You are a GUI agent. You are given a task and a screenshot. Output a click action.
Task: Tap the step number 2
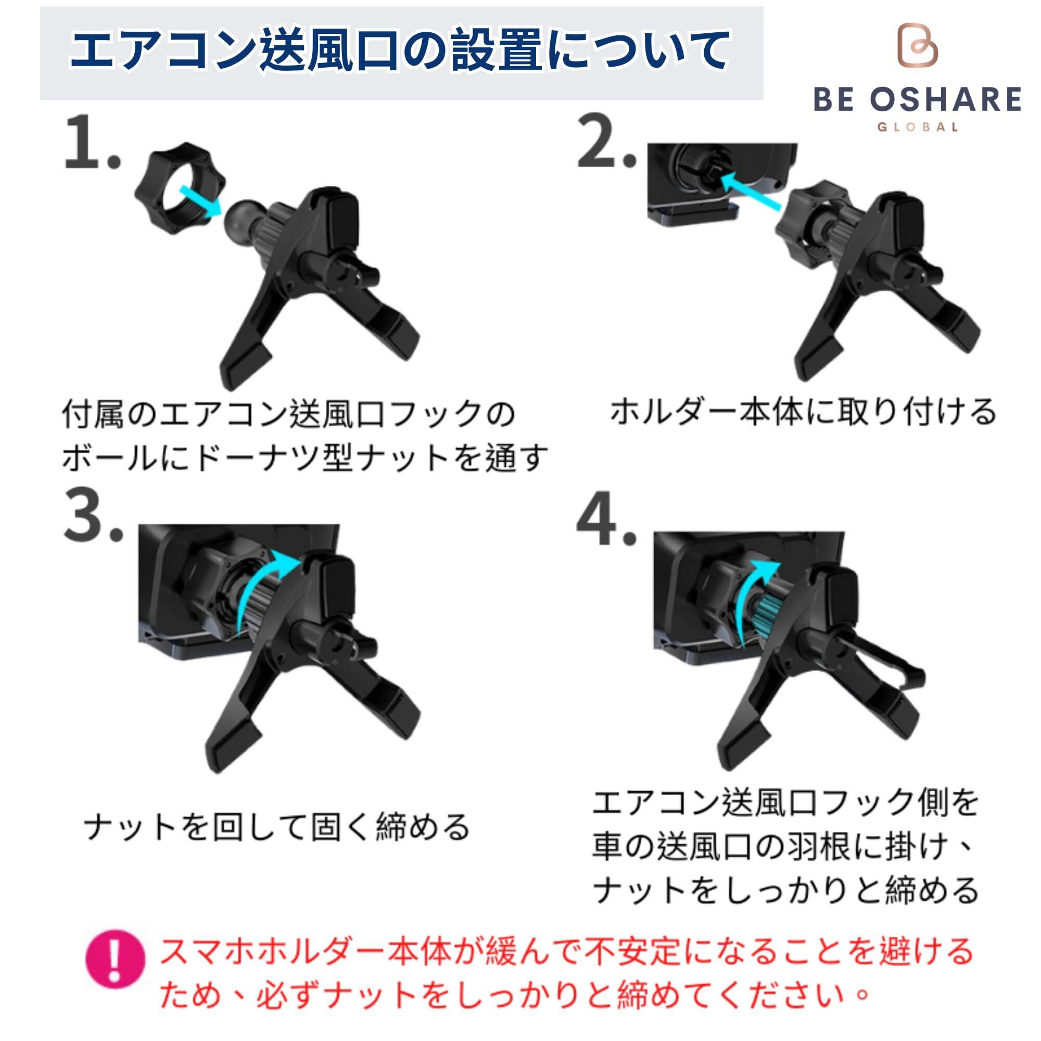point(607,141)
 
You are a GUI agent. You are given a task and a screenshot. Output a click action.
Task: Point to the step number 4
point(607,518)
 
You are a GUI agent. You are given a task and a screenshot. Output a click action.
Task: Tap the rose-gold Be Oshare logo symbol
point(918,45)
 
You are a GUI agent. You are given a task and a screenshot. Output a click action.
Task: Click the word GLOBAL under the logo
point(918,128)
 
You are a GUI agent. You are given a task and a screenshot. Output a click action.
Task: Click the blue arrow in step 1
point(200,201)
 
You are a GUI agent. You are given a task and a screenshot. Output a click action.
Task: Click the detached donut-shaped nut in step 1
point(180,188)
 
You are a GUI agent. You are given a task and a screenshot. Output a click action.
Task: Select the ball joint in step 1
point(243,221)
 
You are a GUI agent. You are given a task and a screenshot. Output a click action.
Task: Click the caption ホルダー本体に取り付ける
point(803,413)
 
